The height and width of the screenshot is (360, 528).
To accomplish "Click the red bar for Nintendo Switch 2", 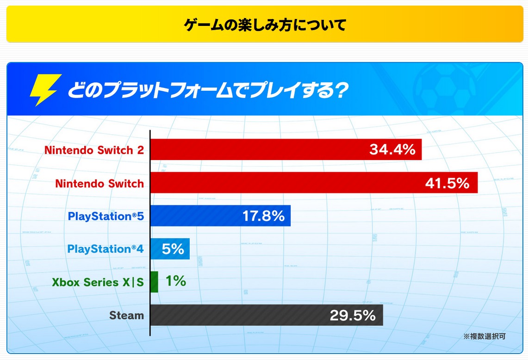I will click(259, 149).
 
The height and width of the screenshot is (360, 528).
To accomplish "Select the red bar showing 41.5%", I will click(287, 183).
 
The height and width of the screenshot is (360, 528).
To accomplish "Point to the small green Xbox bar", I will click(155, 282).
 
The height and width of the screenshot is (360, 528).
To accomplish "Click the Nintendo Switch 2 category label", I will click(94, 150).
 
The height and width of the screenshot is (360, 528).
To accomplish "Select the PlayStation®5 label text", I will click(106, 216).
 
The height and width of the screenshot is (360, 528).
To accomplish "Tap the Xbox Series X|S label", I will click(98, 282).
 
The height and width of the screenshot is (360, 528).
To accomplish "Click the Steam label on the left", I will click(126, 316).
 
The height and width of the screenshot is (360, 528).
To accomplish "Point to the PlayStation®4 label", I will click(106, 249).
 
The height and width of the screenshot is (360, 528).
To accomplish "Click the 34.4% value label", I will click(392, 149).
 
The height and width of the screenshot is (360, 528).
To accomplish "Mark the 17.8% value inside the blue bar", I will click(263, 216).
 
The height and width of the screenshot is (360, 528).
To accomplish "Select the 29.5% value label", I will click(352, 316).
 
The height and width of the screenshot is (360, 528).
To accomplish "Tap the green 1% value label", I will click(175, 281).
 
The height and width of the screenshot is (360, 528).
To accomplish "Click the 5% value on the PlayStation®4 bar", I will click(173, 249).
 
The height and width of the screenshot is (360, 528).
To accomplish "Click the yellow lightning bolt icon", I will click(45, 90).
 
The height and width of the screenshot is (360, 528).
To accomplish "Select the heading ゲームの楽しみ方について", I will click(265, 25).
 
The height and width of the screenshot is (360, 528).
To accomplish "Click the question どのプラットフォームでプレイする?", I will click(207, 90).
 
